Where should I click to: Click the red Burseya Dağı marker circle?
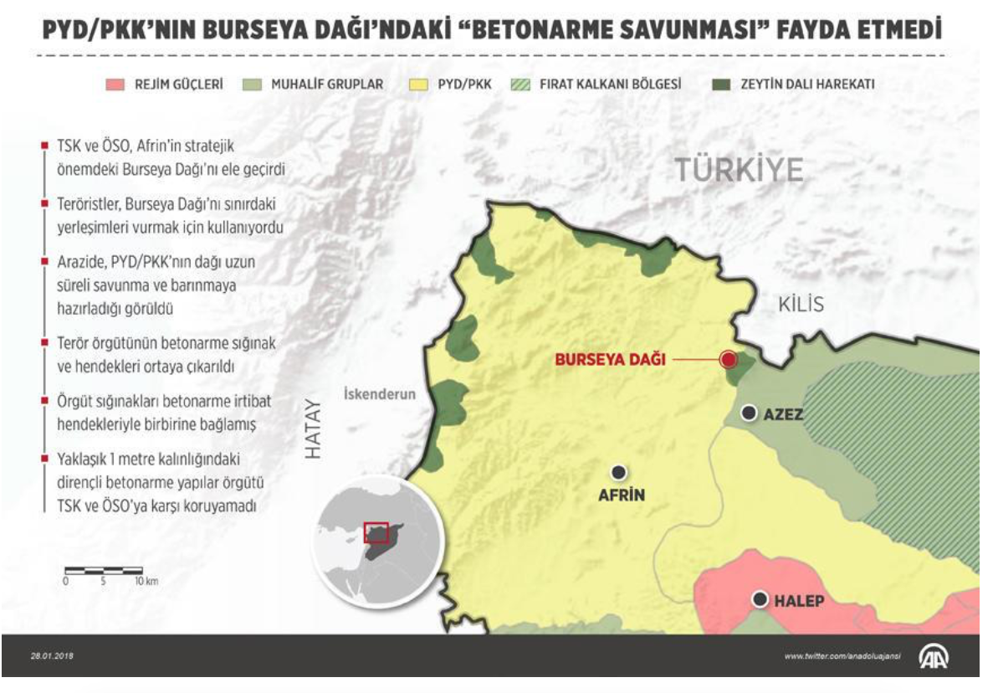coord(728,360)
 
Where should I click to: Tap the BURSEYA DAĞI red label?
coord(611,361)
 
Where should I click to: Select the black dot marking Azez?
coord(750,413)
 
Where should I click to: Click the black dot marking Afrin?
coord(619,472)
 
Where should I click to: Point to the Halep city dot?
coord(760,599)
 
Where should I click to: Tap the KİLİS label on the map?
coord(801,304)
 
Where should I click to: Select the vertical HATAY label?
coord(312,429)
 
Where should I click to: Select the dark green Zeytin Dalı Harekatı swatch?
coord(719,85)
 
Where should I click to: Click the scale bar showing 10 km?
coord(104,571)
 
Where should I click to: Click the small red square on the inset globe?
coord(376,533)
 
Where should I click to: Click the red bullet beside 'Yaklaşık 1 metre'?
coord(44,459)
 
